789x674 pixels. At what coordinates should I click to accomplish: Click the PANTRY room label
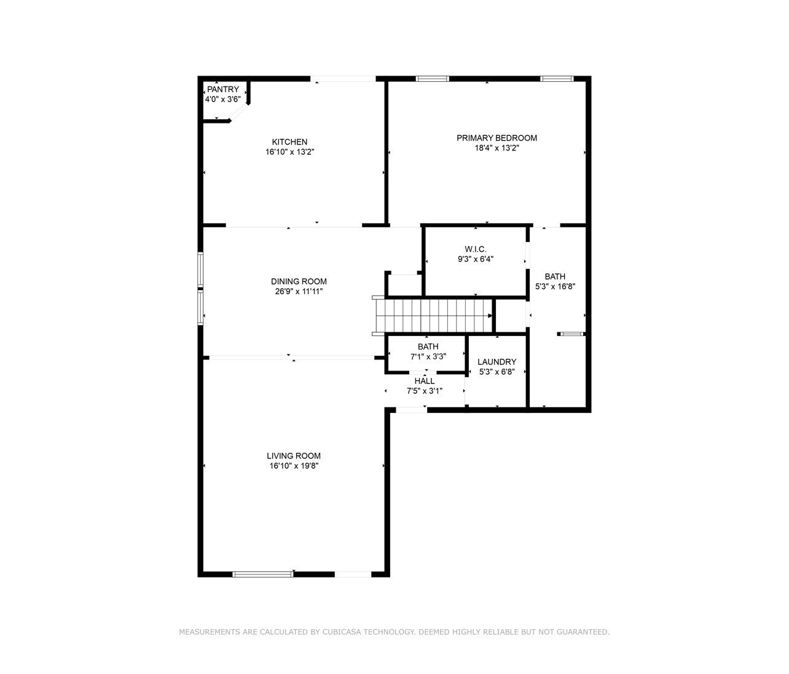click(x=223, y=89)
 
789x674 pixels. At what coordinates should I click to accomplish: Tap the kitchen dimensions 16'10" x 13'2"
click(x=289, y=152)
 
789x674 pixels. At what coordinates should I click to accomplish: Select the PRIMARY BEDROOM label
click(x=497, y=138)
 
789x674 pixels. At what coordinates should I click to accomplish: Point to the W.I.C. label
click(x=475, y=249)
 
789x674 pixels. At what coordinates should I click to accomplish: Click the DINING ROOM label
click(x=299, y=281)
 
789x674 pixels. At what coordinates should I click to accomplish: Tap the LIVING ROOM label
click(x=294, y=456)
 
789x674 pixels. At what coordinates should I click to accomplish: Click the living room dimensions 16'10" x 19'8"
click(x=294, y=466)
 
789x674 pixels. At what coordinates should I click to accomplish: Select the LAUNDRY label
click(x=497, y=361)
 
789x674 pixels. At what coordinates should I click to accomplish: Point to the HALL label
click(x=425, y=381)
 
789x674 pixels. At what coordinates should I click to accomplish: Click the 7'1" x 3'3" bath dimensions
click(x=428, y=356)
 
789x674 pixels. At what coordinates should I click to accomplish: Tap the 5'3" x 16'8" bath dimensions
click(x=555, y=286)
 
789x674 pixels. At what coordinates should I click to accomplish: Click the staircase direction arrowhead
click(x=490, y=316)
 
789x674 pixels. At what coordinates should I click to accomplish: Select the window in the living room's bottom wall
click(x=263, y=574)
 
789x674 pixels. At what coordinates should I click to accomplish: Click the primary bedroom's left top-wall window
click(x=432, y=79)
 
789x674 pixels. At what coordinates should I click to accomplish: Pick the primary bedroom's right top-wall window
click(x=557, y=79)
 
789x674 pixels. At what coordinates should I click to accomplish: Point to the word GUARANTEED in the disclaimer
click(x=583, y=632)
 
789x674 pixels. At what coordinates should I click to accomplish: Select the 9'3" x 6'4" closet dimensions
click(x=475, y=259)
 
